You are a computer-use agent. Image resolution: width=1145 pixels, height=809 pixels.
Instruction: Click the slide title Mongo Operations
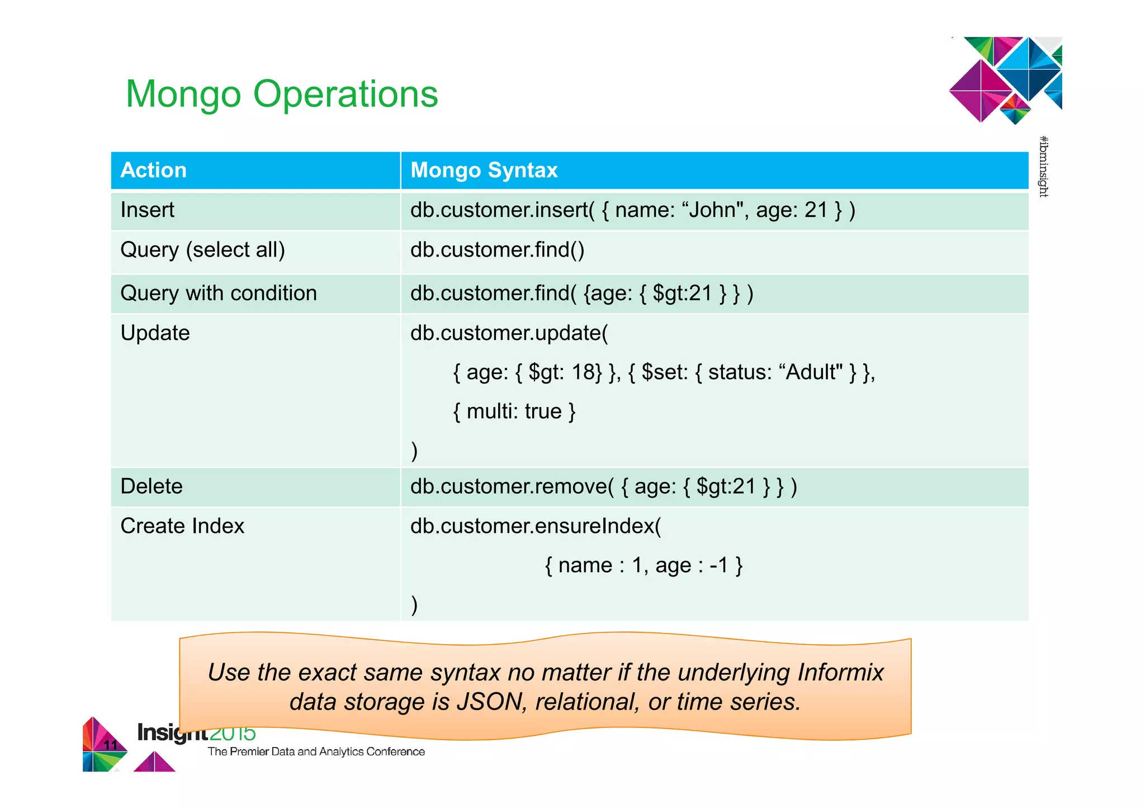(x=282, y=94)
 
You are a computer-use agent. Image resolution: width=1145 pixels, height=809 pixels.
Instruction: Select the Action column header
(x=154, y=170)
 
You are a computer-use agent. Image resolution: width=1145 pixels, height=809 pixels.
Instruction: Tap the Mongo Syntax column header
(x=484, y=170)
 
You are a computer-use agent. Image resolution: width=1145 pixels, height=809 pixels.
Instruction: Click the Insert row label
(x=148, y=210)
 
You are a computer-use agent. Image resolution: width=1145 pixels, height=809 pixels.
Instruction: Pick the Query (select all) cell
(x=202, y=250)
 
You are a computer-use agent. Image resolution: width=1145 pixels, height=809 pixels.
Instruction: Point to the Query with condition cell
(x=219, y=294)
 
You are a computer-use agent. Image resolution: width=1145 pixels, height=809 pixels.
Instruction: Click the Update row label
(x=155, y=333)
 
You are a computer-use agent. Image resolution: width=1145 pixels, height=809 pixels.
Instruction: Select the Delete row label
(x=152, y=486)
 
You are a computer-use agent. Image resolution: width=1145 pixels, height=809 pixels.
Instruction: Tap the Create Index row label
(x=182, y=526)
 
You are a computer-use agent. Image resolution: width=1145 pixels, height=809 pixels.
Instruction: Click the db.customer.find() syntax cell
(x=497, y=250)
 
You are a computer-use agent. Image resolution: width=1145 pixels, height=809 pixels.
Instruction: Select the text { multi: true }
(x=514, y=411)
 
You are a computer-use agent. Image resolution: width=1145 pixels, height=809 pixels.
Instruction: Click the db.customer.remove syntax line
(x=603, y=486)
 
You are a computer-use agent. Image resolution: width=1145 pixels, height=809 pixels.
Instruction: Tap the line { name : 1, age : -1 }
(x=644, y=566)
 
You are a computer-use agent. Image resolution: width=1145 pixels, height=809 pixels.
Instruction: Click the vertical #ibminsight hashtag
(x=1043, y=167)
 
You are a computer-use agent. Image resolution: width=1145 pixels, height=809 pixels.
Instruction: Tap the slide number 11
(x=111, y=745)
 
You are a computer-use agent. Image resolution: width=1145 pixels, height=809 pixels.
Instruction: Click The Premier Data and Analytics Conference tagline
(x=316, y=752)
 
